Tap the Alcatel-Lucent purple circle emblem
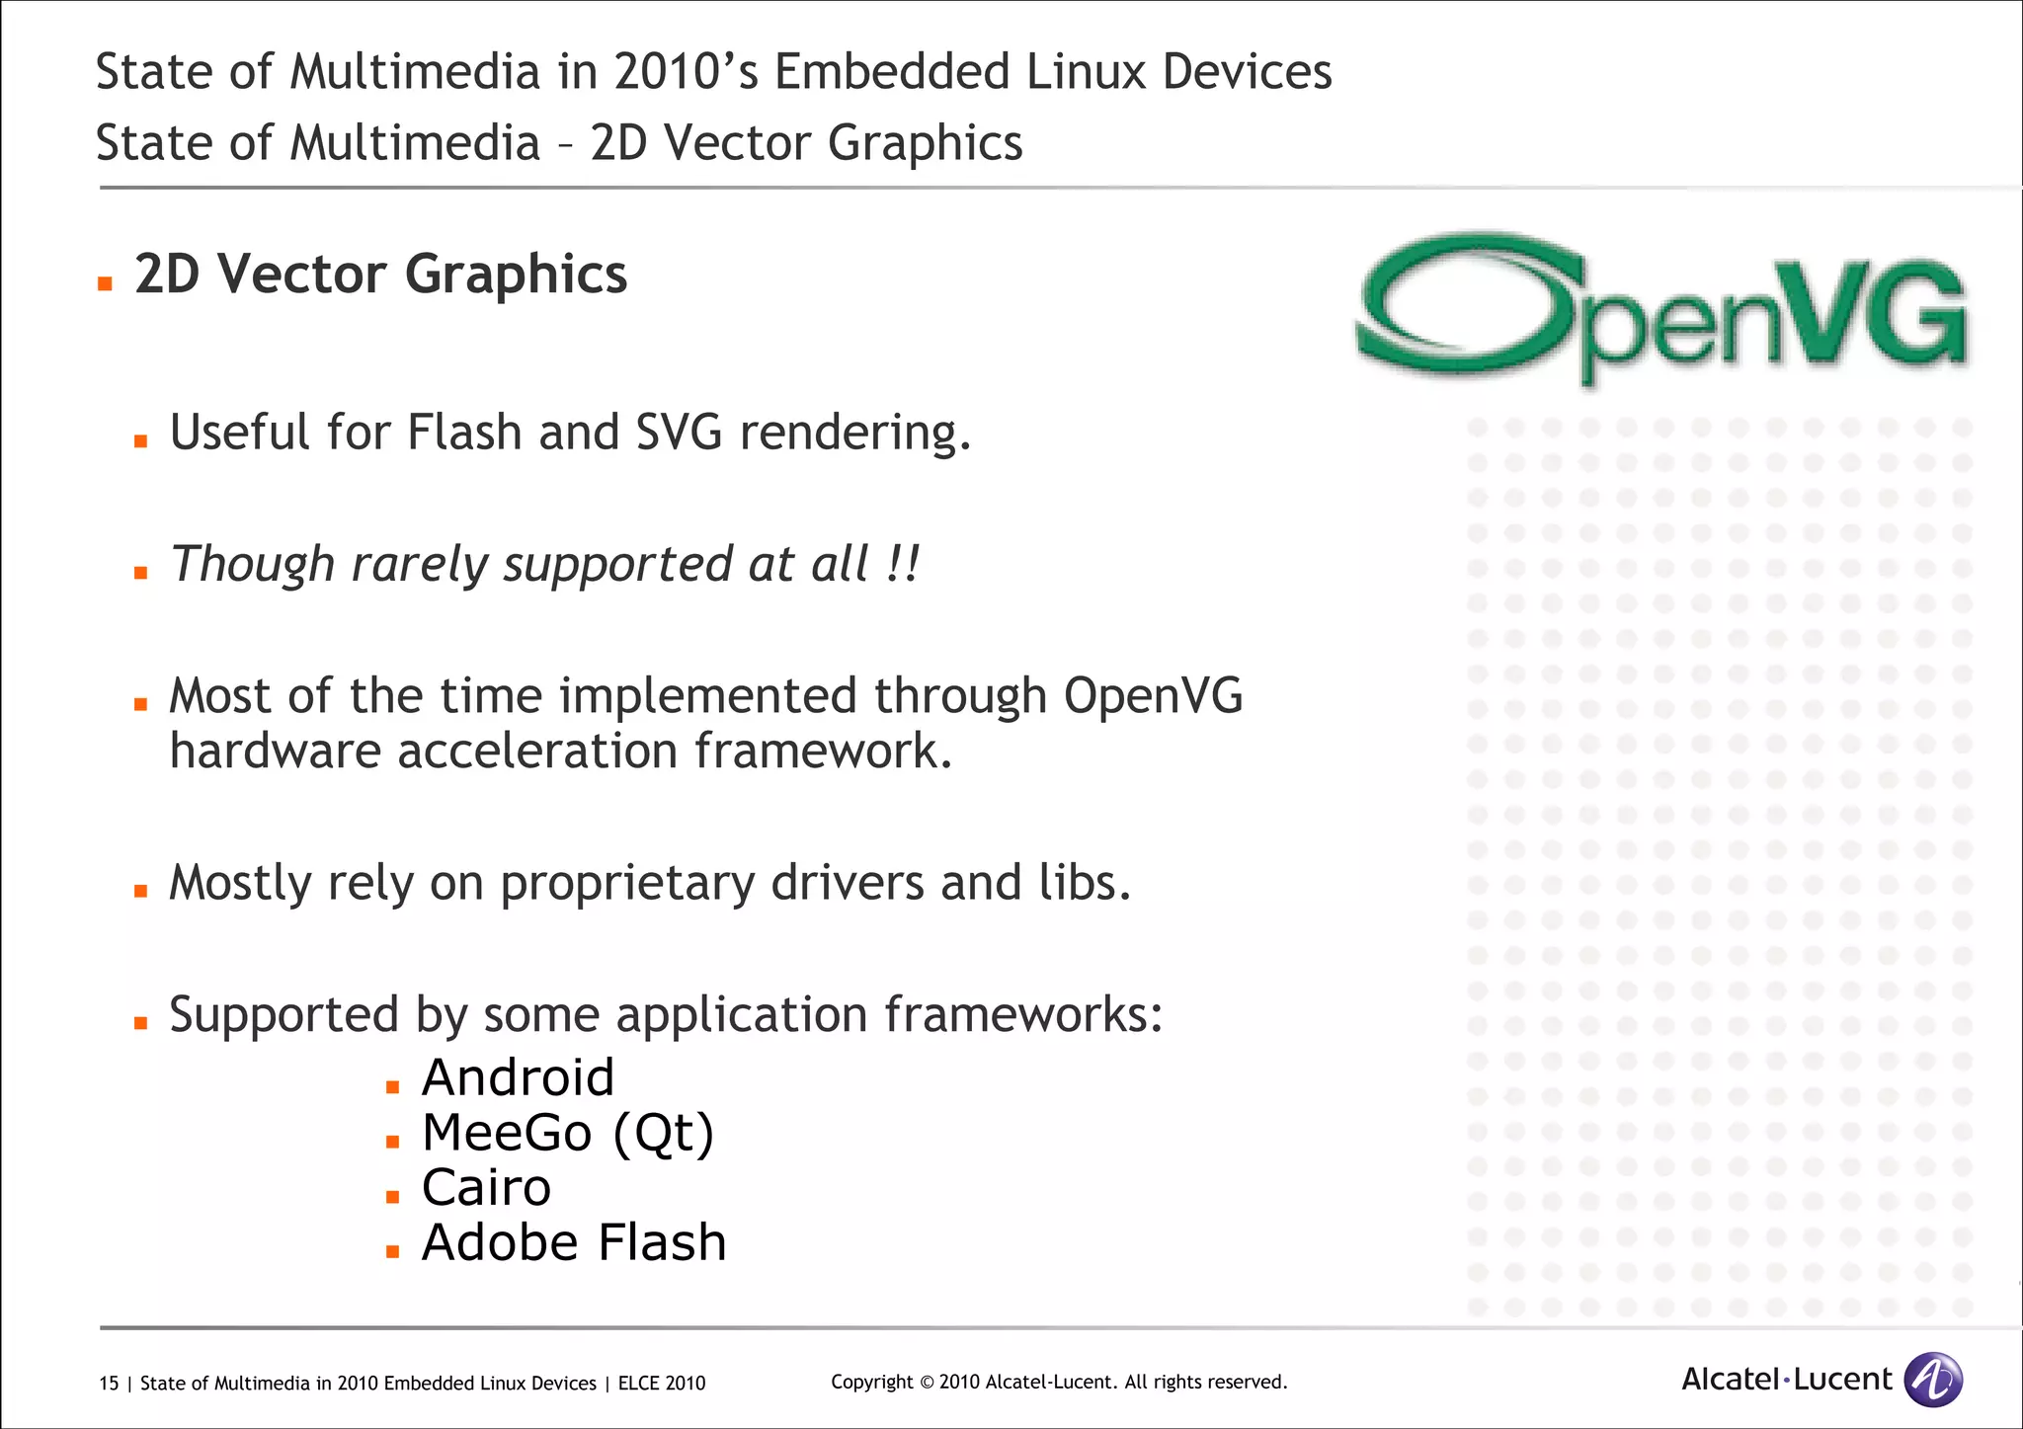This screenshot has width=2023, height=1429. [1932, 1379]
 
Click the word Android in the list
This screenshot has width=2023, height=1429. [518, 1077]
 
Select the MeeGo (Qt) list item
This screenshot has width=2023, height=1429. [567, 1133]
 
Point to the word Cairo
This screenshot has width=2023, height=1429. [486, 1188]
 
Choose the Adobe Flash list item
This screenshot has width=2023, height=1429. [574, 1243]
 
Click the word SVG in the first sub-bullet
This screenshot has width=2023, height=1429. [679, 433]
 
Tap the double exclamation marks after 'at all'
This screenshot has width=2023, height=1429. [903, 564]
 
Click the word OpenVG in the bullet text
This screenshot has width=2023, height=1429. [1153, 696]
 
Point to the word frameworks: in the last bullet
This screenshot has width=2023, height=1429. [1023, 1015]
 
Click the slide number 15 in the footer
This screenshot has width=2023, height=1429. [109, 1384]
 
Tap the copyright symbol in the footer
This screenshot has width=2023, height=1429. [927, 1383]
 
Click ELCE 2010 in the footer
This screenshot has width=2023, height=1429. [662, 1384]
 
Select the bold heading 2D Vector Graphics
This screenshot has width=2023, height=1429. [380, 275]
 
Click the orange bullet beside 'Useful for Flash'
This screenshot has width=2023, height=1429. [140, 441]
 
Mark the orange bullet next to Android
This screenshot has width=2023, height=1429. [392, 1087]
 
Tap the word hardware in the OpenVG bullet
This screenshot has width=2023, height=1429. [275, 752]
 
